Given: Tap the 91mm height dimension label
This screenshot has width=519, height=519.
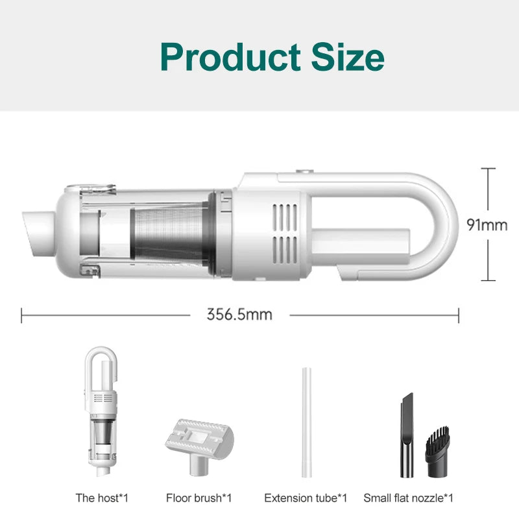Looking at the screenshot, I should (487, 224).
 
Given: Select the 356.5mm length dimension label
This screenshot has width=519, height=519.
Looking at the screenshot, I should (239, 315).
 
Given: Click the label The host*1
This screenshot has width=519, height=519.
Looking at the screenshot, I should (102, 498).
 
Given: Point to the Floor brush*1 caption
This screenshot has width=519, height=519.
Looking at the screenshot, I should (199, 498).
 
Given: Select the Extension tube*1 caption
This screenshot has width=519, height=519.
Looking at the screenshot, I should (306, 498).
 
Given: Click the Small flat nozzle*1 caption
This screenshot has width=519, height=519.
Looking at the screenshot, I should (408, 498).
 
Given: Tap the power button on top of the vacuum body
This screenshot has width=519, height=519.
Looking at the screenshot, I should (303, 173).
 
